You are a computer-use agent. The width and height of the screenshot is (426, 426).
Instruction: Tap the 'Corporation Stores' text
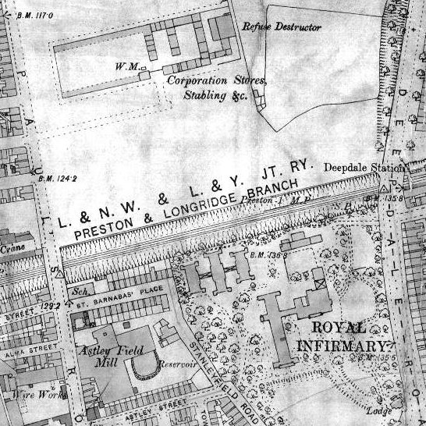click(x=218, y=80)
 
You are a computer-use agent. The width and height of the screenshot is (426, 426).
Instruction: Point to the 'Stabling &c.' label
click(x=215, y=95)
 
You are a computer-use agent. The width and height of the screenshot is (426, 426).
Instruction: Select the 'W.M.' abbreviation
click(x=126, y=68)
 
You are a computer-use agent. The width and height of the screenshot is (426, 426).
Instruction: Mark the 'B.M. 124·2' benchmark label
click(x=58, y=179)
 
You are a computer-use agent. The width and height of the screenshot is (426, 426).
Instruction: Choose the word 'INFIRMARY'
click(x=341, y=346)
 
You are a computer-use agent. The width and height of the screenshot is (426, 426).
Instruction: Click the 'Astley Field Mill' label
click(x=103, y=357)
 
